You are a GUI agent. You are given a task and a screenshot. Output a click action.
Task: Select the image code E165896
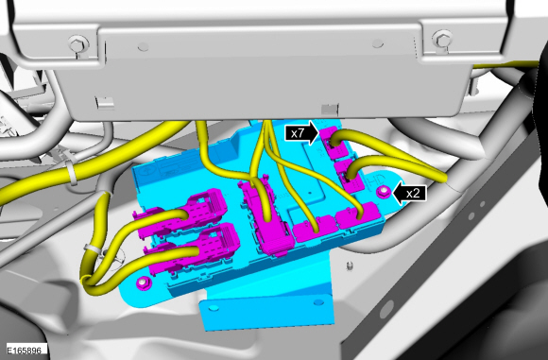(x=25, y=351)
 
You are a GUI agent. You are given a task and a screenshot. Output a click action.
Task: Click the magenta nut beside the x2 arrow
(x=384, y=192)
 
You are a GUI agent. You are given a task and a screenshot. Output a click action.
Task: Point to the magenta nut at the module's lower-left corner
(x=143, y=283)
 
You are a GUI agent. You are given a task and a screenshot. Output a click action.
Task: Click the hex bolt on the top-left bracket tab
(x=77, y=44)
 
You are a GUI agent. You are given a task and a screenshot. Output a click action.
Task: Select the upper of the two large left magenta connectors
(x=181, y=214)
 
